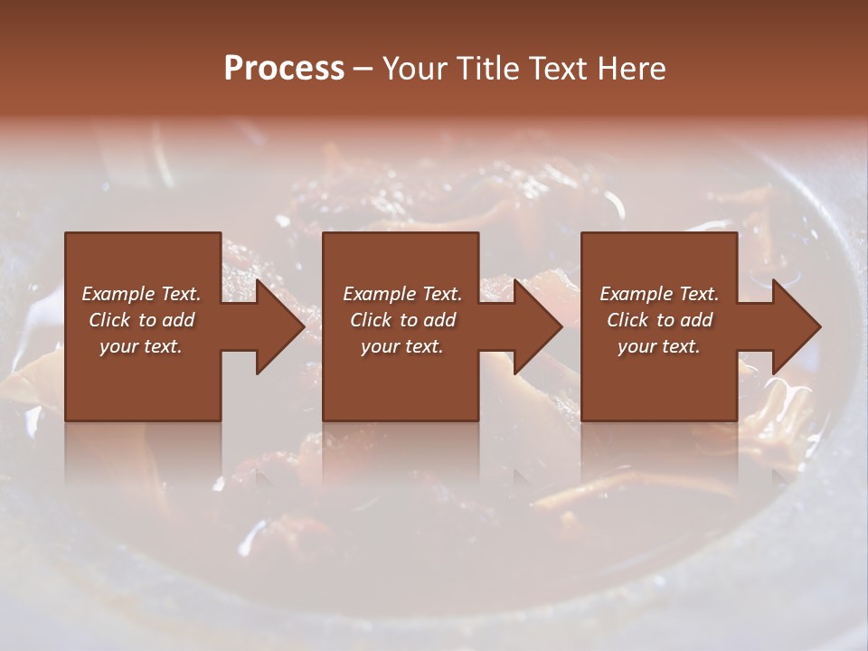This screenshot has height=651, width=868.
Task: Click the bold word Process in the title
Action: pyautogui.click(x=284, y=69)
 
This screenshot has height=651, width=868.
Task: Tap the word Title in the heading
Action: pyautogui.click(x=484, y=69)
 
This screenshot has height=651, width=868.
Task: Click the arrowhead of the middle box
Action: pyautogui.click(x=537, y=326)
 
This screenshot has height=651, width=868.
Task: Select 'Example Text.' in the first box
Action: pyautogui.click(x=141, y=294)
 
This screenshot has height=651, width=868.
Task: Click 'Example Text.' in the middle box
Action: pyautogui.click(x=402, y=294)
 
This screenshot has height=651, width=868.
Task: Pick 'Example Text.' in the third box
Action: pyautogui.click(x=659, y=294)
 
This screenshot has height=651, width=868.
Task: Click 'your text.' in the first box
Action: pyautogui.click(x=141, y=346)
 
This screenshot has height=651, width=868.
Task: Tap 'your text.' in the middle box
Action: pyautogui.click(x=402, y=346)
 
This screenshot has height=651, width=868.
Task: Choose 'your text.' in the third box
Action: pyautogui.click(x=659, y=346)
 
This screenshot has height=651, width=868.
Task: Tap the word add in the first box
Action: pyautogui.click(x=178, y=320)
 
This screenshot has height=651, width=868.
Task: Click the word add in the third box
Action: pyautogui.click(x=696, y=320)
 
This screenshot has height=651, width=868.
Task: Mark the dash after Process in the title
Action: pyautogui.click(x=363, y=69)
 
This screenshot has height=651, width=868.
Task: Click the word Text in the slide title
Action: pyautogui.click(x=558, y=69)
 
